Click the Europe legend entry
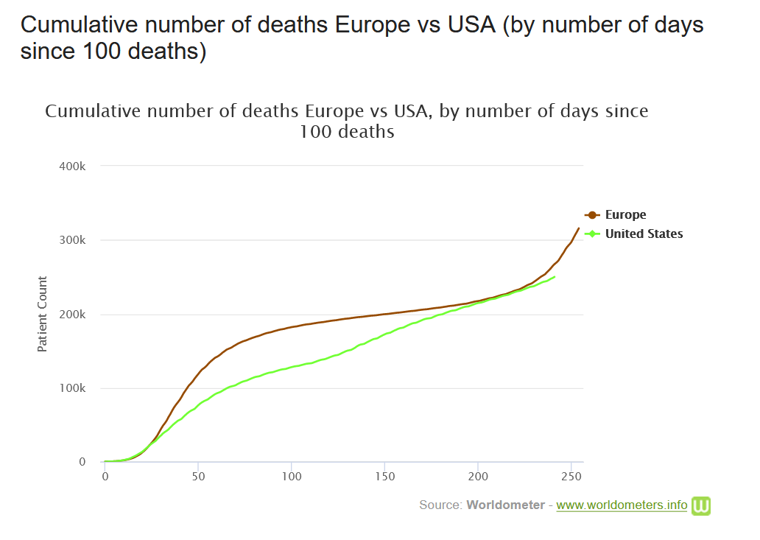[x=625, y=215]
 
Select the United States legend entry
[x=644, y=234]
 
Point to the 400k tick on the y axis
[x=72, y=166]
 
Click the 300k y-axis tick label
[x=72, y=241]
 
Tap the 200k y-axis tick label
[x=72, y=315]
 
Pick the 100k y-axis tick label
[x=72, y=389]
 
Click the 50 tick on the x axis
[x=198, y=477]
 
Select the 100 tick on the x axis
[x=292, y=477]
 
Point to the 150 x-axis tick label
[x=385, y=477]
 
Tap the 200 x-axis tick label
[x=478, y=477]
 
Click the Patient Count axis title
[x=43, y=315]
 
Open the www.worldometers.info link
[x=622, y=505]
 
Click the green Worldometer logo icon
[x=700, y=505]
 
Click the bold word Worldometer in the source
[x=505, y=505]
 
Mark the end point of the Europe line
[x=579, y=228]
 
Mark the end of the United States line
[x=555, y=276]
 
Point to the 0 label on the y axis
[x=82, y=463]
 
